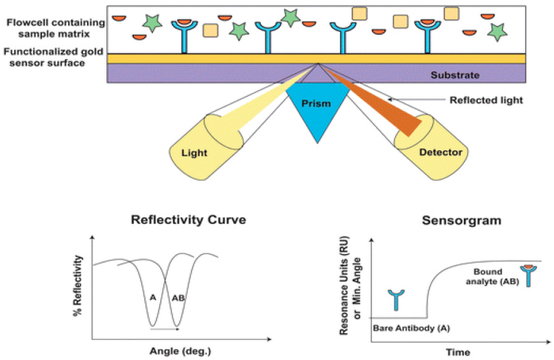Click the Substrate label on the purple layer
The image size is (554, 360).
455,75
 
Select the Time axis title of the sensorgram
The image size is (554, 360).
458,352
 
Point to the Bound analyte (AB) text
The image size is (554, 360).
488,276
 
